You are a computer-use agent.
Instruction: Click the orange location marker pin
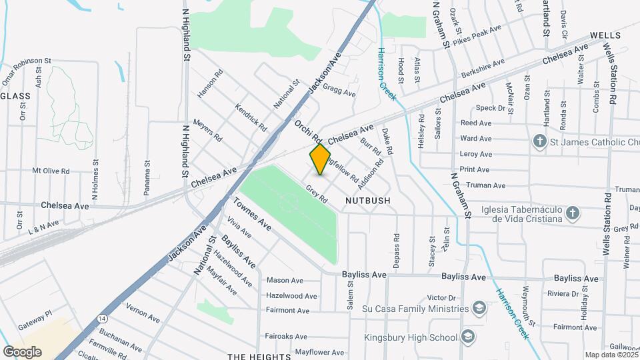[x=321, y=159]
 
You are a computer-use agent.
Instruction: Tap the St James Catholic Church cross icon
[x=539, y=141]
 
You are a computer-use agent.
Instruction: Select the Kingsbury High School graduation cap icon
[x=467, y=337]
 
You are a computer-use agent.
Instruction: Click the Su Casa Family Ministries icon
[x=478, y=308]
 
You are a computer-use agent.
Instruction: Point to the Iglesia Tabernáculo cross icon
[x=571, y=213]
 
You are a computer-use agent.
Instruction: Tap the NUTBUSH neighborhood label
[x=367, y=200]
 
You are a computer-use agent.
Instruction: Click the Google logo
[x=22, y=351]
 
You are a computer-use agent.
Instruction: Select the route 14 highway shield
[x=101, y=319]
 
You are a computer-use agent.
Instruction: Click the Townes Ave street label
[x=253, y=214]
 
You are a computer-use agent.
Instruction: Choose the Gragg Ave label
[x=339, y=89]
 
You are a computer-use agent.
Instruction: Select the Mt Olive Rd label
[x=51, y=171]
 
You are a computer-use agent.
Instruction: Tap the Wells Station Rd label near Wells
[x=611, y=73]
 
